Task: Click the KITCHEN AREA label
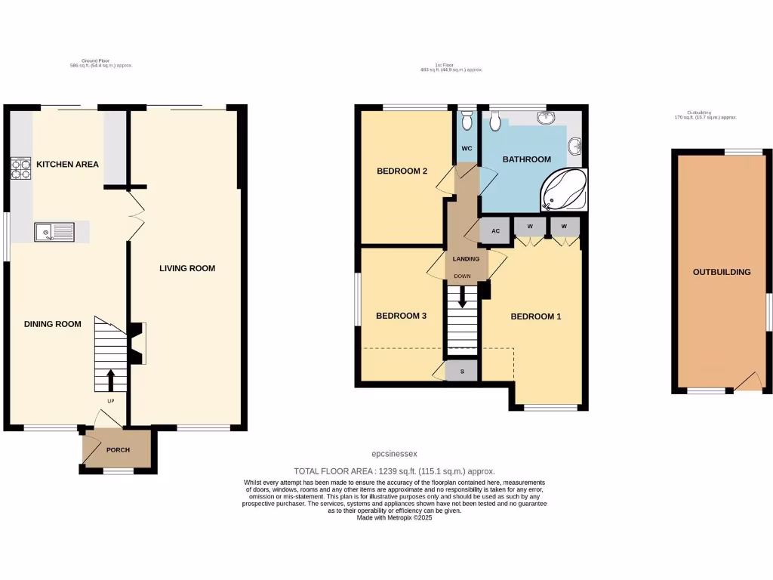[x=68, y=164]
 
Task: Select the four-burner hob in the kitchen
[x=20, y=168]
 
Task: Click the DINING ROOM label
[x=52, y=324]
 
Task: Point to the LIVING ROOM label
[x=187, y=268]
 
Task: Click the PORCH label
[x=118, y=450]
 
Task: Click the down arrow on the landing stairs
[x=463, y=296]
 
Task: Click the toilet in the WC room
[x=467, y=120]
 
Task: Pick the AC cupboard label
[x=496, y=231]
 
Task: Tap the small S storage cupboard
[x=462, y=371]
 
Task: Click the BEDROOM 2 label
[x=402, y=171]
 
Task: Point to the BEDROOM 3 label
[x=402, y=316]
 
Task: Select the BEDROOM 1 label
[x=536, y=316]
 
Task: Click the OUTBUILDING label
[x=722, y=272]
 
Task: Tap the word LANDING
[x=466, y=259]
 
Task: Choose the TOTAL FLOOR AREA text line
[x=394, y=469]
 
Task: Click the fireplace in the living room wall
[x=137, y=344]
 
